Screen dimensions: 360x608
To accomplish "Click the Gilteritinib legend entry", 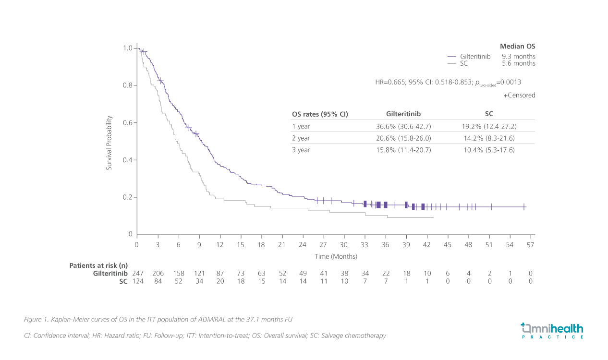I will pyautogui.click(x=475, y=56).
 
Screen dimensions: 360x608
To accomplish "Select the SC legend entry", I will pyautogui.click(x=463, y=63).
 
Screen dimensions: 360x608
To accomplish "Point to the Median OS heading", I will pyautogui.click(x=517, y=47).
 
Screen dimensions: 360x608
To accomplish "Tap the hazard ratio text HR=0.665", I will pyautogui.click(x=390, y=82).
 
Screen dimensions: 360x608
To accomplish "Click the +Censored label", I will pyautogui.click(x=519, y=96).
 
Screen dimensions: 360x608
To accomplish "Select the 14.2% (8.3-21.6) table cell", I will pyautogui.click(x=489, y=138).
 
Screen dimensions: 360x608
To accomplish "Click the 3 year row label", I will pyautogui.click(x=301, y=150).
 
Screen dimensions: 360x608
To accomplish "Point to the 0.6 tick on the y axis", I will pyautogui.click(x=127, y=123).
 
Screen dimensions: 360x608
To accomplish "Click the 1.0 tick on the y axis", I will pyautogui.click(x=127, y=48).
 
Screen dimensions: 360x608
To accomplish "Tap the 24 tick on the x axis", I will pyautogui.click(x=303, y=245).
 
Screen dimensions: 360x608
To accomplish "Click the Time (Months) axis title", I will pyautogui.click(x=336, y=256).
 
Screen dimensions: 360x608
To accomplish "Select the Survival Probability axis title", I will pyautogui.click(x=109, y=143).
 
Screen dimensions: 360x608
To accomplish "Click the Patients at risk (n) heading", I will pyautogui.click(x=98, y=265).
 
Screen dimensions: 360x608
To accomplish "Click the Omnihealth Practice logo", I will pyautogui.click(x=552, y=331).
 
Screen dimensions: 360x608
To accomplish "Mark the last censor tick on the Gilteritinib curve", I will pyautogui.click(x=524, y=207).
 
